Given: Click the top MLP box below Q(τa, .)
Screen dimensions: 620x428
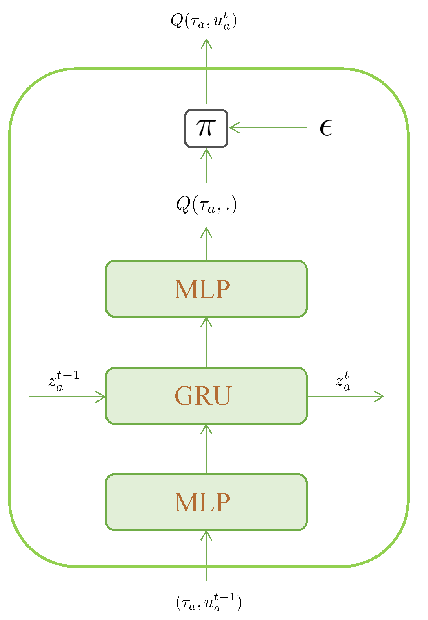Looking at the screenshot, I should click(x=206, y=288).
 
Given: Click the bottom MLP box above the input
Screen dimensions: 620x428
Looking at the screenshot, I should click(x=206, y=502).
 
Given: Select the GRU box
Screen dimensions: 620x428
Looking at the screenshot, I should click(x=206, y=395).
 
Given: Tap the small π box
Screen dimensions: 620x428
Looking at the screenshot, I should click(x=206, y=128).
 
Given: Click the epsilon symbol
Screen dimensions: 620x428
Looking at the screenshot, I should click(x=326, y=128).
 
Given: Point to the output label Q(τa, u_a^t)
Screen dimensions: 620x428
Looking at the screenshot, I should click(x=204, y=21).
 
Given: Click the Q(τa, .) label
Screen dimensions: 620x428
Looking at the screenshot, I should click(x=206, y=205).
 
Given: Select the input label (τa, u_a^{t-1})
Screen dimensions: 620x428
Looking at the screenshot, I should click(x=209, y=603).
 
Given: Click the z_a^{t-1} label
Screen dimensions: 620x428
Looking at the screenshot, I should click(x=64, y=381).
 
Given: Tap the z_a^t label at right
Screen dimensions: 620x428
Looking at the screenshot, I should click(x=343, y=381).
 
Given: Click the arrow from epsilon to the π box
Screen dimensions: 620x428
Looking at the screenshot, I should click(x=269, y=128).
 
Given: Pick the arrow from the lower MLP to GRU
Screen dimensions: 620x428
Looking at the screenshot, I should click(x=206, y=449).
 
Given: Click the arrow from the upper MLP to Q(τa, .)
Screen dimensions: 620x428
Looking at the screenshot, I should click(x=206, y=244).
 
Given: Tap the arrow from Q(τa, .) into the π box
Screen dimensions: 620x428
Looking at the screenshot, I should click(x=206, y=166).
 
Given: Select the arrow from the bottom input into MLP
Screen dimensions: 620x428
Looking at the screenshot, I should click(x=206, y=555).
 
